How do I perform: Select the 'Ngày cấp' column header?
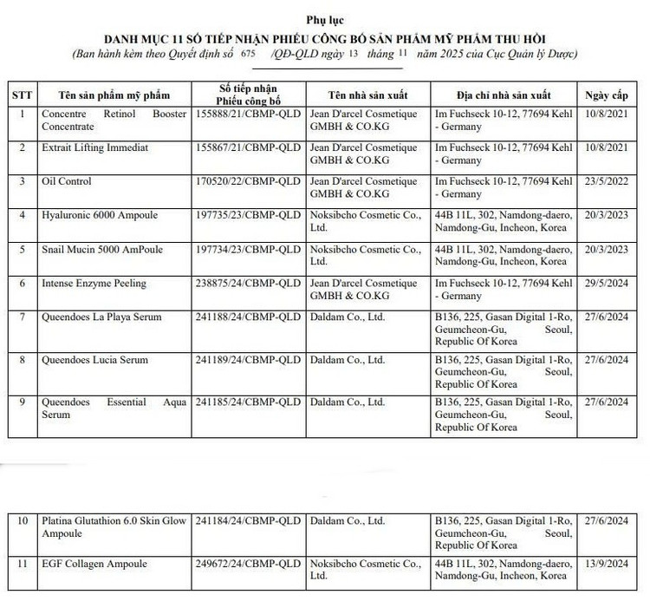click(x=606, y=93)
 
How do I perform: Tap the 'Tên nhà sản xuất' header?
click(x=367, y=93)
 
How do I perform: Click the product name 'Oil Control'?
click(x=67, y=181)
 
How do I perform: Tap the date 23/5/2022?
click(x=606, y=181)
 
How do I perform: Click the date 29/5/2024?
click(x=606, y=283)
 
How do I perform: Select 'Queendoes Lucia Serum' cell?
click(x=94, y=359)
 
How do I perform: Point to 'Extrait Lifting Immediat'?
click(x=94, y=147)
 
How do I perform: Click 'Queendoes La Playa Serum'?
click(x=101, y=317)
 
